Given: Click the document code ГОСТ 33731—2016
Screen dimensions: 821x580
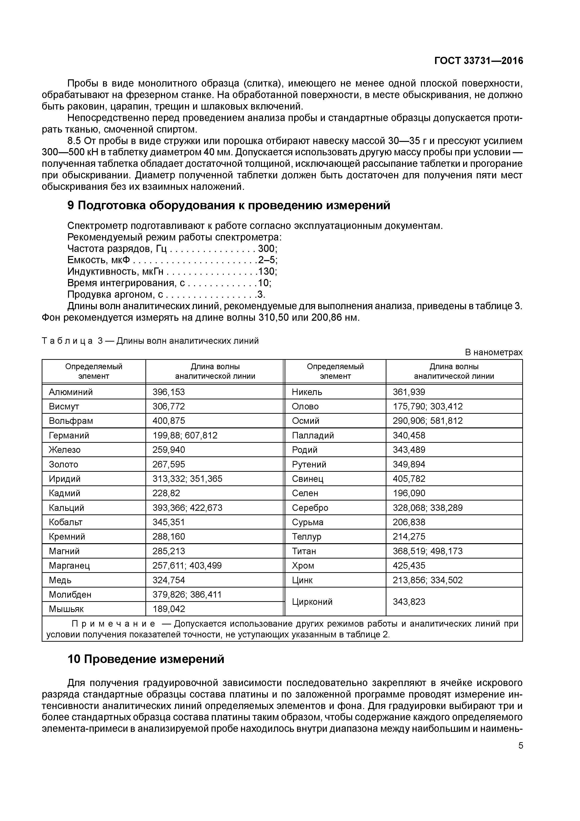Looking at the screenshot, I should pos(478,61).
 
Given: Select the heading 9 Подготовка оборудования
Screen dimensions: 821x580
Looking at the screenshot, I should pos(229,206).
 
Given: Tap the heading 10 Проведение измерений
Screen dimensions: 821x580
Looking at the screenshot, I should pos(146,659).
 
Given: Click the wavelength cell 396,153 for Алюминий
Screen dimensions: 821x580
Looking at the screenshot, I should pos(169,392).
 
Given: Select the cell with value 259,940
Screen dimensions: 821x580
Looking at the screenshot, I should pos(169,450).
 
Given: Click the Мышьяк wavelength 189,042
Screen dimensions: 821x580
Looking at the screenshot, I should pos(169,609).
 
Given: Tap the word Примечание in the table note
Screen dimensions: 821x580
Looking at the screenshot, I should pos(113,624).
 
